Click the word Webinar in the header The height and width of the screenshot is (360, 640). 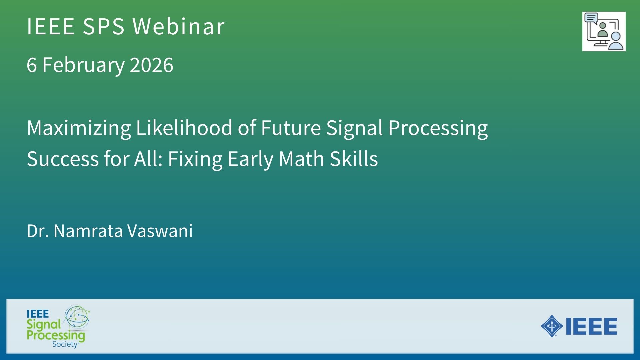tap(178, 26)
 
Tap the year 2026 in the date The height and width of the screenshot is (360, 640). tap(152, 65)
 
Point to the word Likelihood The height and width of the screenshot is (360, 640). tap(184, 128)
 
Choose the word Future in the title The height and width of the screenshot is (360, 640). tap(291, 128)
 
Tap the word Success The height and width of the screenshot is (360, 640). tap(63, 159)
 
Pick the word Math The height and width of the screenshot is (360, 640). tap(301, 159)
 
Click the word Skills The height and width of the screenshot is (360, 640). tap(354, 159)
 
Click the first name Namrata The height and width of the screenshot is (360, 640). tap(88, 231)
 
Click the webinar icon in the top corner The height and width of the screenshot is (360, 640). tap(604, 32)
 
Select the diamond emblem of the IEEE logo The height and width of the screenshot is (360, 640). tap(552, 326)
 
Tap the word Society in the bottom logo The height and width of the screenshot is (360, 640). tap(65, 344)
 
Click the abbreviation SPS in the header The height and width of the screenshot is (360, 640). tap(104, 26)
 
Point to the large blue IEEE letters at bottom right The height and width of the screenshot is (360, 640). tap(591, 326)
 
